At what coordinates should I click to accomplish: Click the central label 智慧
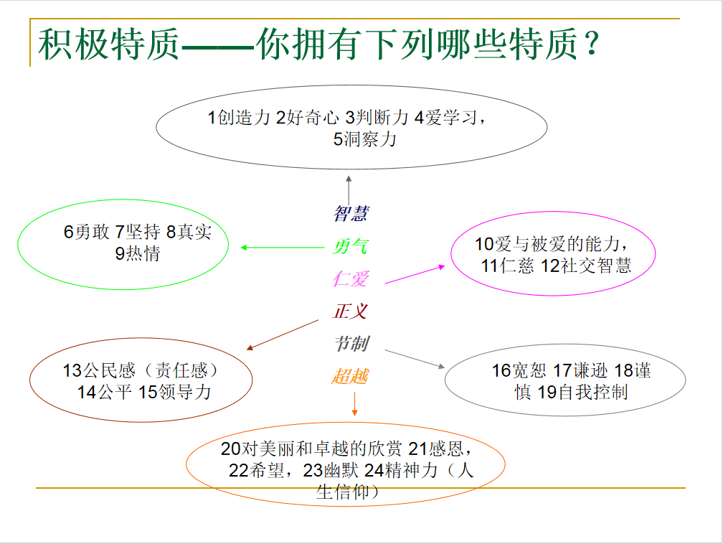351,214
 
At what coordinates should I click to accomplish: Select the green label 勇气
350,246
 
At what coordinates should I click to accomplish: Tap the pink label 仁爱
351,278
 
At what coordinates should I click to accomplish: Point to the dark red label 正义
351,311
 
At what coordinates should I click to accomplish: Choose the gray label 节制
351,344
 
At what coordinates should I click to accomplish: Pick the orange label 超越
350,376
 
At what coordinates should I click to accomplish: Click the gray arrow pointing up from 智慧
349,189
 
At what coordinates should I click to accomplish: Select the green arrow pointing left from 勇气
282,248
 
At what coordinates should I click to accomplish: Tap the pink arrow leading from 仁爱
415,275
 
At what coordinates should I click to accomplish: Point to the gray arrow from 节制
415,359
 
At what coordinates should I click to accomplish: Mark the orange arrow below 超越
354,404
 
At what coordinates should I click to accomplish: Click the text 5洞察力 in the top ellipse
364,139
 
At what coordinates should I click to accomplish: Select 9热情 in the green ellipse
138,253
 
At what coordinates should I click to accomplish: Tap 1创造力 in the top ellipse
239,118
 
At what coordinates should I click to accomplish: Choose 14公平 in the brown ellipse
105,392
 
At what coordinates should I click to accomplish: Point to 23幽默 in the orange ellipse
331,471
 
